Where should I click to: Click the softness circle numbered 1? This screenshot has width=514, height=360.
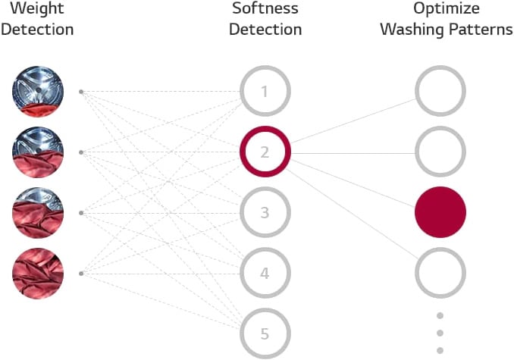[x=265, y=91]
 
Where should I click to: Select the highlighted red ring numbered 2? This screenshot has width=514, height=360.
[x=265, y=152]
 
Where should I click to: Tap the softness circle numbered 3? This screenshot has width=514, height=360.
[x=265, y=212]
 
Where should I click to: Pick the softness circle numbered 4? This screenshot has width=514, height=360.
[x=265, y=273]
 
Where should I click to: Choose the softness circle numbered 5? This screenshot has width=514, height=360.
[x=265, y=333]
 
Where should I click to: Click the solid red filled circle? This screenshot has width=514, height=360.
[x=440, y=212]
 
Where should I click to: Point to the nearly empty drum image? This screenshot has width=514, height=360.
[x=38, y=92]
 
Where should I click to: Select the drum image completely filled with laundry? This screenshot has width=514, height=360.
[x=38, y=274]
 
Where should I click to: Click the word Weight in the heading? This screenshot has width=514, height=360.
[x=37, y=8]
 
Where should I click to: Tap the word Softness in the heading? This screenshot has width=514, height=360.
[x=265, y=8]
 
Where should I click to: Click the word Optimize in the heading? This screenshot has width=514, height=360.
[x=446, y=9]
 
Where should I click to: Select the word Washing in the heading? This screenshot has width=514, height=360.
[x=412, y=30]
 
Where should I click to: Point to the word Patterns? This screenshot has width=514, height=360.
[x=481, y=30]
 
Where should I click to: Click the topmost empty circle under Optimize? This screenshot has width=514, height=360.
[x=440, y=91]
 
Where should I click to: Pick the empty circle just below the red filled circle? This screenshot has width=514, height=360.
[x=440, y=273]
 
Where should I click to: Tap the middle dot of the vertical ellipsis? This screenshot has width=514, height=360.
[x=440, y=333]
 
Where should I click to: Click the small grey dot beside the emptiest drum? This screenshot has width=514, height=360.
[x=81, y=92]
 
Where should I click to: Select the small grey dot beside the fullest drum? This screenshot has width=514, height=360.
[x=81, y=274]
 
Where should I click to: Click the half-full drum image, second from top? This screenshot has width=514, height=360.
[x=38, y=152]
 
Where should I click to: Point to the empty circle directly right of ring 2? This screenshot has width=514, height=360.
[x=440, y=152]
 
